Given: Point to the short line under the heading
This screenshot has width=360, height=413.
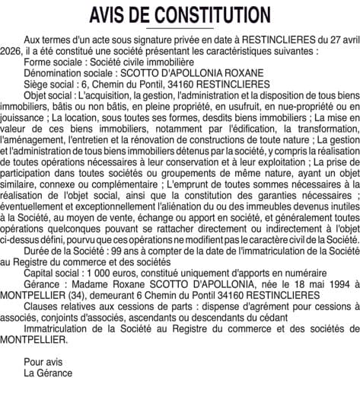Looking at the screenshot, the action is click(x=180, y=28).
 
